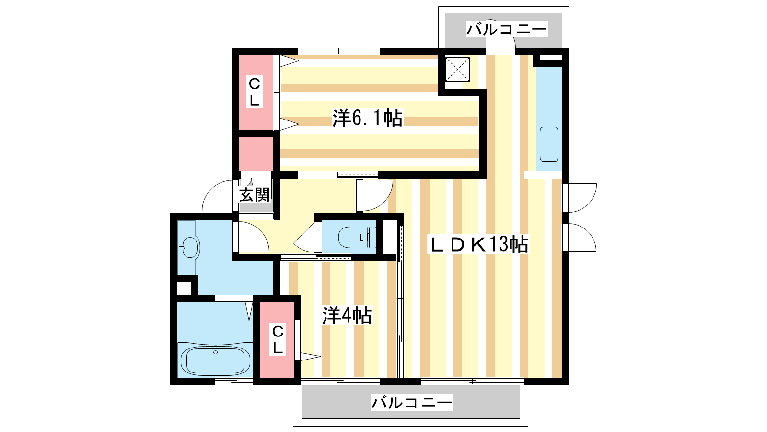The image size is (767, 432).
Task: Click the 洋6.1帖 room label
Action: tap(367, 118)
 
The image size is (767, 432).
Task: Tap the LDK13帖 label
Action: tap(478, 244)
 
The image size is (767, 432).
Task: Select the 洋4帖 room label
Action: tap(347, 315)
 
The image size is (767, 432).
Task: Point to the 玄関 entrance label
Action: tap(255, 195)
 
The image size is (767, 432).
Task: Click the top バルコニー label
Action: tap(507, 29)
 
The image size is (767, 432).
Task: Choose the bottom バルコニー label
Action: tap(412, 403)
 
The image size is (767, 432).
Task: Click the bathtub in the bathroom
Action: tap(215, 360)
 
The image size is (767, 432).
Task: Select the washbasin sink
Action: tap(189, 247)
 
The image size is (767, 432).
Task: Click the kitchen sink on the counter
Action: tap(549, 144)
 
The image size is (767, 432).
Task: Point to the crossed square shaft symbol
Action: tap(457, 69)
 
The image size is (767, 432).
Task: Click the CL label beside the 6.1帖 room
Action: tap(254, 92)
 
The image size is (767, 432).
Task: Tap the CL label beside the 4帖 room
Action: tap(278, 339)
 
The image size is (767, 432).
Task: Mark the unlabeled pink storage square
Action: tap(256, 154)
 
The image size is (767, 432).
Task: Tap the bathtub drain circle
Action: tap(215, 352)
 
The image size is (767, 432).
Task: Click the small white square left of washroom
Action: tap(184, 288)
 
